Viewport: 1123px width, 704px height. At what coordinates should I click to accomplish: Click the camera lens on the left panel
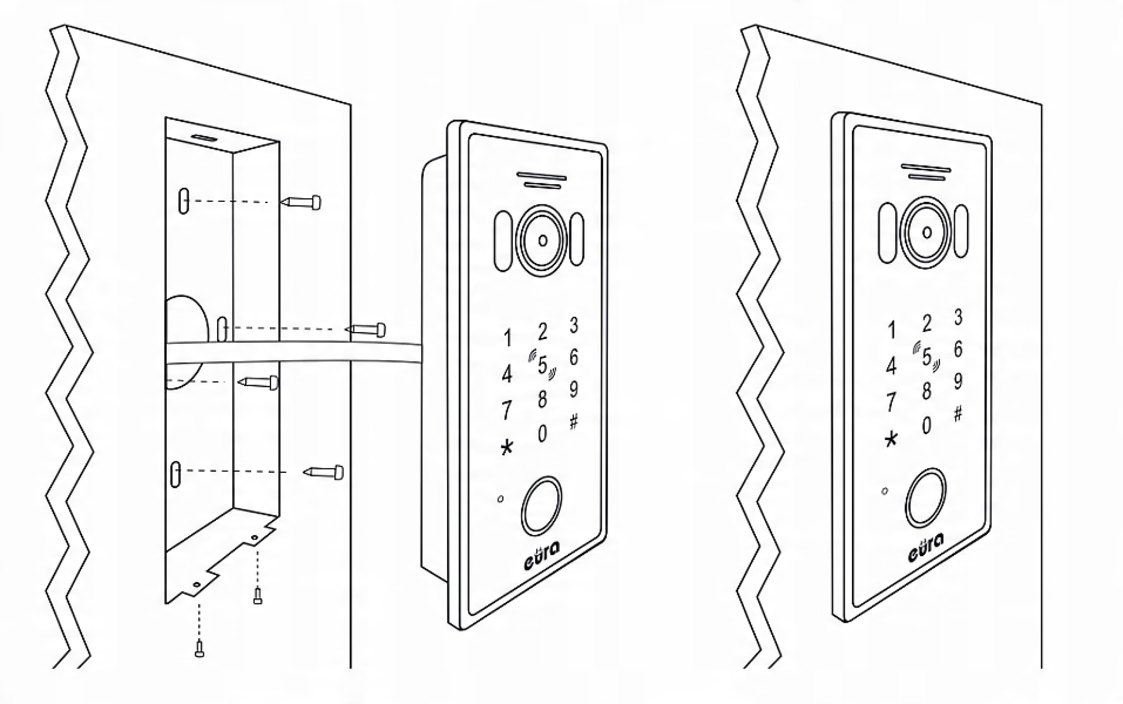click(542, 240)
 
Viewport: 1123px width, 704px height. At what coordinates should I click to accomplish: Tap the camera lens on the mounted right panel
click(926, 232)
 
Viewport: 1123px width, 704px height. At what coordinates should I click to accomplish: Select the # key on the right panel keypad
click(958, 413)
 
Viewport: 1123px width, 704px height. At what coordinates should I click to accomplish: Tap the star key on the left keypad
click(507, 448)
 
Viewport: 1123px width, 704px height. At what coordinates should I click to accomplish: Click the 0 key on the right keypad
click(926, 425)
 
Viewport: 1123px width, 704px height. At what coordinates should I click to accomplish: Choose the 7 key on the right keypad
click(891, 402)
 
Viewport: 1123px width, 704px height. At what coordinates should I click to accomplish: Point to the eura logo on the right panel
click(926, 548)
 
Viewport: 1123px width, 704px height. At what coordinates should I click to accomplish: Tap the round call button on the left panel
click(541, 505)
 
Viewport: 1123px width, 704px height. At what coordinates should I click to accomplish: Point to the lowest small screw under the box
click(199, 649)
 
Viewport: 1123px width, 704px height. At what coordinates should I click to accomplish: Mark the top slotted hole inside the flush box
click(184, 201)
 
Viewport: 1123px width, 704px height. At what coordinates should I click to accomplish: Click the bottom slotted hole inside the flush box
click(175, 474)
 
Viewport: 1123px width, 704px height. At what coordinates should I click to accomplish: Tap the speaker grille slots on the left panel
click(541, 181)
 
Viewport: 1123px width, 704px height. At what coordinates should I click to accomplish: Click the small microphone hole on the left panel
click(501, 499)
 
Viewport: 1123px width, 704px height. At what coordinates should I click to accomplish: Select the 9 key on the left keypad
click(574, 389)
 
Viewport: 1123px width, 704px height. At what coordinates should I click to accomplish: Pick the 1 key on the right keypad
click(891, 330)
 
